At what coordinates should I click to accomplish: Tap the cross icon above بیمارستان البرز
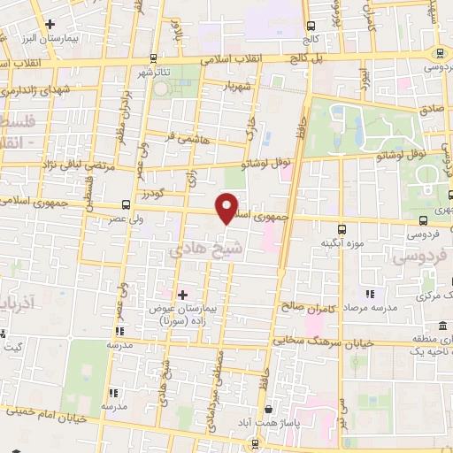(50, 24)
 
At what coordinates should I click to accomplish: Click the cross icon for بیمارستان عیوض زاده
(182, 294)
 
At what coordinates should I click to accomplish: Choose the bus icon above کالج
(310, 27)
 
